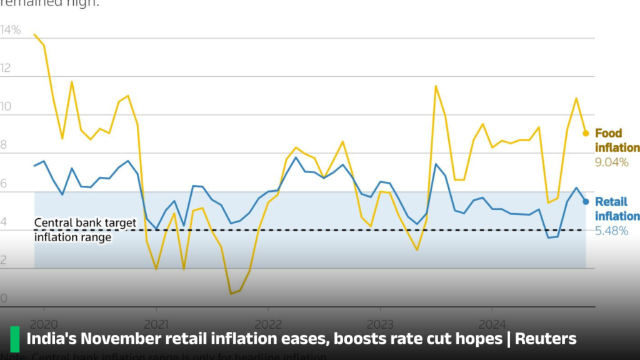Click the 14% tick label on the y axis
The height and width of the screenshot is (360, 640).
11,30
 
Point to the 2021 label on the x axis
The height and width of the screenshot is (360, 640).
156,324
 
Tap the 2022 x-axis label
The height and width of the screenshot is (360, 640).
267,324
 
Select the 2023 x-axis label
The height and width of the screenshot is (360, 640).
380,324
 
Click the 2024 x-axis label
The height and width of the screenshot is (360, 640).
492,324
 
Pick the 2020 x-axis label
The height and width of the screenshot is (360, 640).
44,324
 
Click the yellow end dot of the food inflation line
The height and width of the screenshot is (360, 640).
586,133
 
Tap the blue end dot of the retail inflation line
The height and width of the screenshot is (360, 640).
586,201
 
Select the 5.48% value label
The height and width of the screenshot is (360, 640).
612,231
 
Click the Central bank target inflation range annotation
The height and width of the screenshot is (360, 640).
84,230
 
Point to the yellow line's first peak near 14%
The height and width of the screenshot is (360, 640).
34,34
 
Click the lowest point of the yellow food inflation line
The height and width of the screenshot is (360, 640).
231,293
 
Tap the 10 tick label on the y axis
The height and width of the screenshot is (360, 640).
6,107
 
